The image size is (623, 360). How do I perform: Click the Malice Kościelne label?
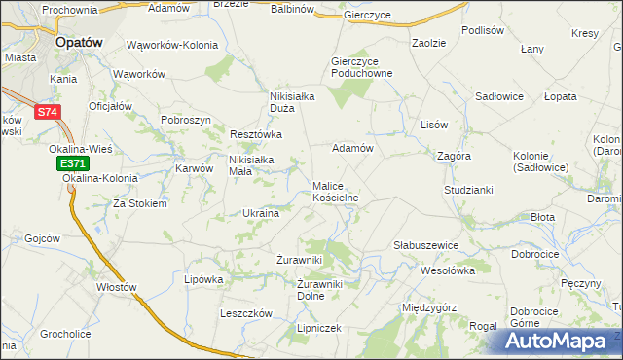point(336,191)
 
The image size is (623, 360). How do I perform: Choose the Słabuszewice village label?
point(425,245)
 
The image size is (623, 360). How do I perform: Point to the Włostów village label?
point(116,287)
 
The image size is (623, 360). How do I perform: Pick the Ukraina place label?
point(261,213)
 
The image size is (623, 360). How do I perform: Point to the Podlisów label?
point(483,30)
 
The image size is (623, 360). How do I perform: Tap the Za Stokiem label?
point(140,204)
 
